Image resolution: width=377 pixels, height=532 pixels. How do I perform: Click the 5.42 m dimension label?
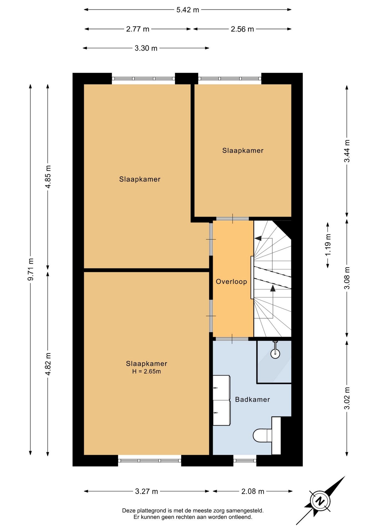point(188,10)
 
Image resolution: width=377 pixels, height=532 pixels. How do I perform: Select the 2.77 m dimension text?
point(138,29)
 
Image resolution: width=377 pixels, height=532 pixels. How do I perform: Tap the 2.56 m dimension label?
point(242,29)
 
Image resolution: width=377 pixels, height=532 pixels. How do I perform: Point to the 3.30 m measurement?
point(146,48)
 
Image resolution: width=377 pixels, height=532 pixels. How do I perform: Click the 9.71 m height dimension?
point(31,269)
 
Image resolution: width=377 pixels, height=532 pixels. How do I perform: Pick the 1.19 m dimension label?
point(328,245)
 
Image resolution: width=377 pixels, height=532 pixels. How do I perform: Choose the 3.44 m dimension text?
point(347,151)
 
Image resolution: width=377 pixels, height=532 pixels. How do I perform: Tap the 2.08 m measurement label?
point(253,491)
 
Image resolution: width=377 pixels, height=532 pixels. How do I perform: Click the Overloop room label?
point(232,282)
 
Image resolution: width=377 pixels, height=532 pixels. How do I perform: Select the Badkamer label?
point(252,399)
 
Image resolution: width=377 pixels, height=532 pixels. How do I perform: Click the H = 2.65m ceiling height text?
point(146,371)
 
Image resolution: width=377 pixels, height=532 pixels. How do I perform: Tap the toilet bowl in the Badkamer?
point(262,435)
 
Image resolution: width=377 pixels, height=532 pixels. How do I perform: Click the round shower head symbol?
point(275,354)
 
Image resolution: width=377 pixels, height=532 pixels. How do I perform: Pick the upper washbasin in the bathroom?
point(221,388)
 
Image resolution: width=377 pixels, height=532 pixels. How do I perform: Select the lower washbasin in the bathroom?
point(221,413)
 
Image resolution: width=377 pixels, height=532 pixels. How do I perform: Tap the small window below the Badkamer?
point(245,461)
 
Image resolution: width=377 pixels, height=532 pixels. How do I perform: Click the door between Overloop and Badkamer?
point(232,339)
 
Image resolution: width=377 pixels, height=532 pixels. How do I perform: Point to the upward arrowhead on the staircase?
point(273,288)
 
